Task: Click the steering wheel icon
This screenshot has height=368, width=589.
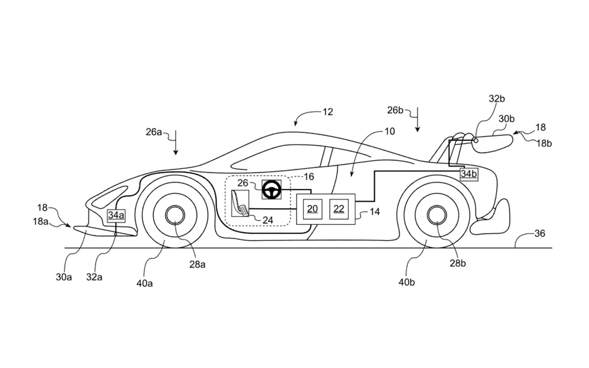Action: point(271,190)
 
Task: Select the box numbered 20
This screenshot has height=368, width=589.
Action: point(312,209)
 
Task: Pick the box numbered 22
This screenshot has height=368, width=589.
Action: point(339,209)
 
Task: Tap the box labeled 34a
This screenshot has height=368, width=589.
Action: point(116,216)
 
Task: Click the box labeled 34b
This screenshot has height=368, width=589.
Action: point(469,174)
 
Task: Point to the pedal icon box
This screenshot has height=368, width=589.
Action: point(240,203)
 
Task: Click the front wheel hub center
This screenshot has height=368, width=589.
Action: point(175,215)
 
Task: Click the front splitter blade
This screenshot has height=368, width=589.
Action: point(105,231)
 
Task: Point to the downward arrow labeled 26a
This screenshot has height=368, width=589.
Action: point(176,142)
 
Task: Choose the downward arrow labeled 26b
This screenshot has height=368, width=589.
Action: point(417,119)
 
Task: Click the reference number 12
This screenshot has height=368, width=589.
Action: point(328,112)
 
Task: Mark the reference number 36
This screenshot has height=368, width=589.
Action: point(540,233)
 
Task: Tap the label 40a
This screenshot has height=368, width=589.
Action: point(144,283)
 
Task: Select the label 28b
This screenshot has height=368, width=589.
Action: point(458,263)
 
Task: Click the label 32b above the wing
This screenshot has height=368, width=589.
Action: point(497,99)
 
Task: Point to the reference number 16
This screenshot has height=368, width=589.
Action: point(309,177)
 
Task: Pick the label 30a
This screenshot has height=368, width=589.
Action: point(64,277)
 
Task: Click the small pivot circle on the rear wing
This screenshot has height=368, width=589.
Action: point(476,141)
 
